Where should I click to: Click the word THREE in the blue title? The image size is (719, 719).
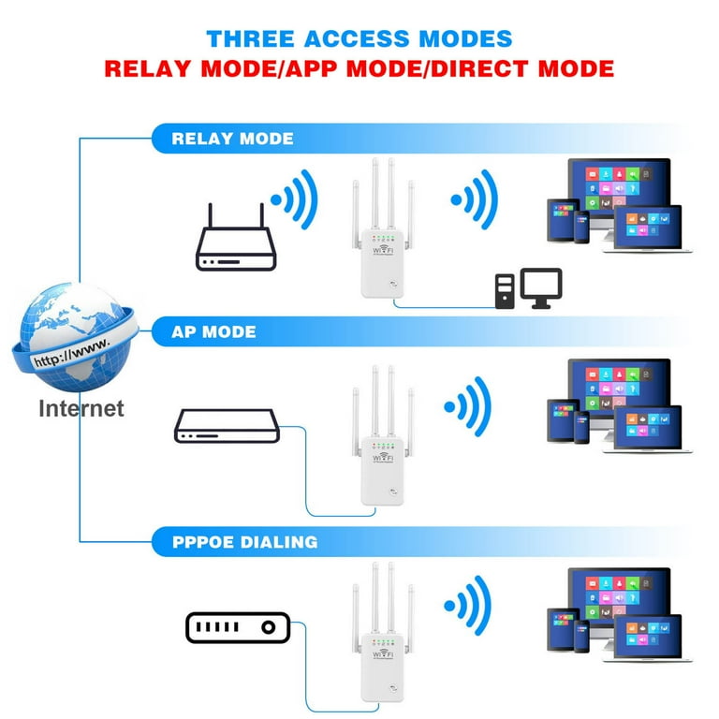tap(250, 38)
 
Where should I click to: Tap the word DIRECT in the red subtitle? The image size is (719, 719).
tap(480, 68)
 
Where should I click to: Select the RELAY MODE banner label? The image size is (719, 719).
tap(232, 139)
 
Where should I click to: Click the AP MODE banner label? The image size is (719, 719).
tap(213, 332)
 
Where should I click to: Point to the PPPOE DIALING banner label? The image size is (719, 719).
tap(245, 542)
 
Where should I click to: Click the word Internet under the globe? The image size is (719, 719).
tap(81, 408)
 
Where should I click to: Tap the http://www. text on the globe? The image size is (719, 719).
tap(72, 353)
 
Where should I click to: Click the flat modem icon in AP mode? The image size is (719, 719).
tap(227, 426)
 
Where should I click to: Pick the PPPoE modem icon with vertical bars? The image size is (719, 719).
tap(238, 627)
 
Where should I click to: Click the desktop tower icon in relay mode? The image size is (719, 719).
tap(505, 291)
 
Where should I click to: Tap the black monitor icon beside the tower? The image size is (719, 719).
tap(541, 288)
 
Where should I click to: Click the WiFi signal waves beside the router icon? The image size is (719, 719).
tap(295, 200)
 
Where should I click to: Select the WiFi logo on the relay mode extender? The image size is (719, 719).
tap(383, 249)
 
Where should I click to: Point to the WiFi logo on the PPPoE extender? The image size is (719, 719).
tap(383, 653)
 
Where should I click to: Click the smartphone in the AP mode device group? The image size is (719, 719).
tap(582, 427)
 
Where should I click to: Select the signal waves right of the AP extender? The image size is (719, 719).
tap(469, 406)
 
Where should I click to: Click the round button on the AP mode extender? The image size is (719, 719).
tap(393, 492)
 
